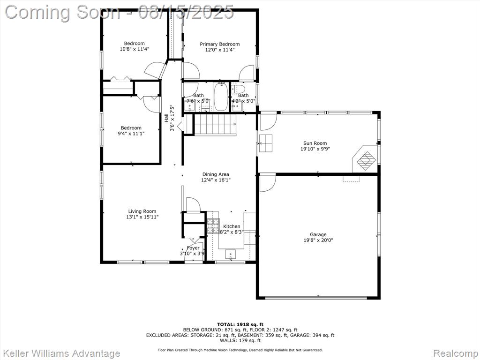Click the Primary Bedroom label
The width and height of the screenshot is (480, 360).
tap(220, 44)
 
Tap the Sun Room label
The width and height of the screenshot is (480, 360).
tap(315, 143)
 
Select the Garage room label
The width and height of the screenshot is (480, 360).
tap(318, 235)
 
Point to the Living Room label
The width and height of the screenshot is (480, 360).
tap(142, 211)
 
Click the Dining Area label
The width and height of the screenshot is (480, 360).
tap(216, 174)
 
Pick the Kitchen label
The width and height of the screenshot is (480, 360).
tap(232, 226)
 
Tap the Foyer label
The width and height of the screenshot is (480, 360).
tap(193, 248)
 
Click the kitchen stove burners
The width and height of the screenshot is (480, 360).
tap(213, 226)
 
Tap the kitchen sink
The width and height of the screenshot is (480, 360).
tap(230, 254)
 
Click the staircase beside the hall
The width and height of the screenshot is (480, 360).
tap(215, 124)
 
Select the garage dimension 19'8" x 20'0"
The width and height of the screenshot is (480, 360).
tap(318, 240)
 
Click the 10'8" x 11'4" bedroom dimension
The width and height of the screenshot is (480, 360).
tap(135, 49)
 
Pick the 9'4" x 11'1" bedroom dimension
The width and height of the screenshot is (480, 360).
tap(131, 134)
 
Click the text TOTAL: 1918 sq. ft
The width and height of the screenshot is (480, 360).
tap(240, 324)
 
